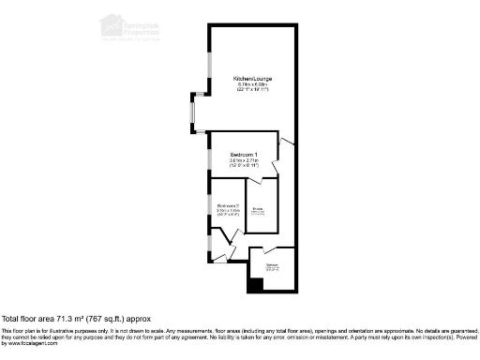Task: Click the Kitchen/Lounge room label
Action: click(250, 79)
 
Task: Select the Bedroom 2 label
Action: click(228, 205)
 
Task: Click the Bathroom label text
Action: click(272, 266)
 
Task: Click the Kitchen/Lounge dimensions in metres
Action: click(250, 85)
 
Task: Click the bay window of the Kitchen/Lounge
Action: click(192, 113)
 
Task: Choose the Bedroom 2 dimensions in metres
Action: click(228, 211)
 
